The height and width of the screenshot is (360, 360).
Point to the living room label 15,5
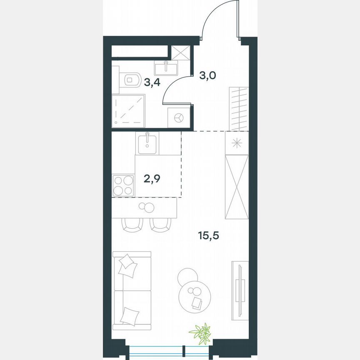tap(208, 236)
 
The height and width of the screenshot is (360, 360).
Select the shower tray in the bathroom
tap(129, 111)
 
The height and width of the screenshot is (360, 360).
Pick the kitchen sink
tap(147, 142)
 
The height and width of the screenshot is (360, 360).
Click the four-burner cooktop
tap(123, 185)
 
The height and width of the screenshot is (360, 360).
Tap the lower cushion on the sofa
tap(129, 315)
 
